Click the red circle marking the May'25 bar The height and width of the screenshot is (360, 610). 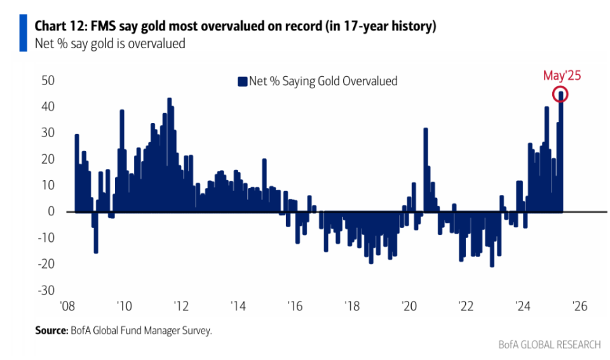coord(560,95)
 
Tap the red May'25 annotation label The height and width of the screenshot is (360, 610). coord(562,76)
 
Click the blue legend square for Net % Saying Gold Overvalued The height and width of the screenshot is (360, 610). coord(242,81)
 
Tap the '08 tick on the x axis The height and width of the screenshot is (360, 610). coord(67,306)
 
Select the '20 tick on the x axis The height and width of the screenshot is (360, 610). coord(409,306)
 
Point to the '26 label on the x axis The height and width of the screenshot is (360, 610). coord(579,306)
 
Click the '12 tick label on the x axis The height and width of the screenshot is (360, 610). coord(181,306)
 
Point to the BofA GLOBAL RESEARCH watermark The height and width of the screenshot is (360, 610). coord(550,344)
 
